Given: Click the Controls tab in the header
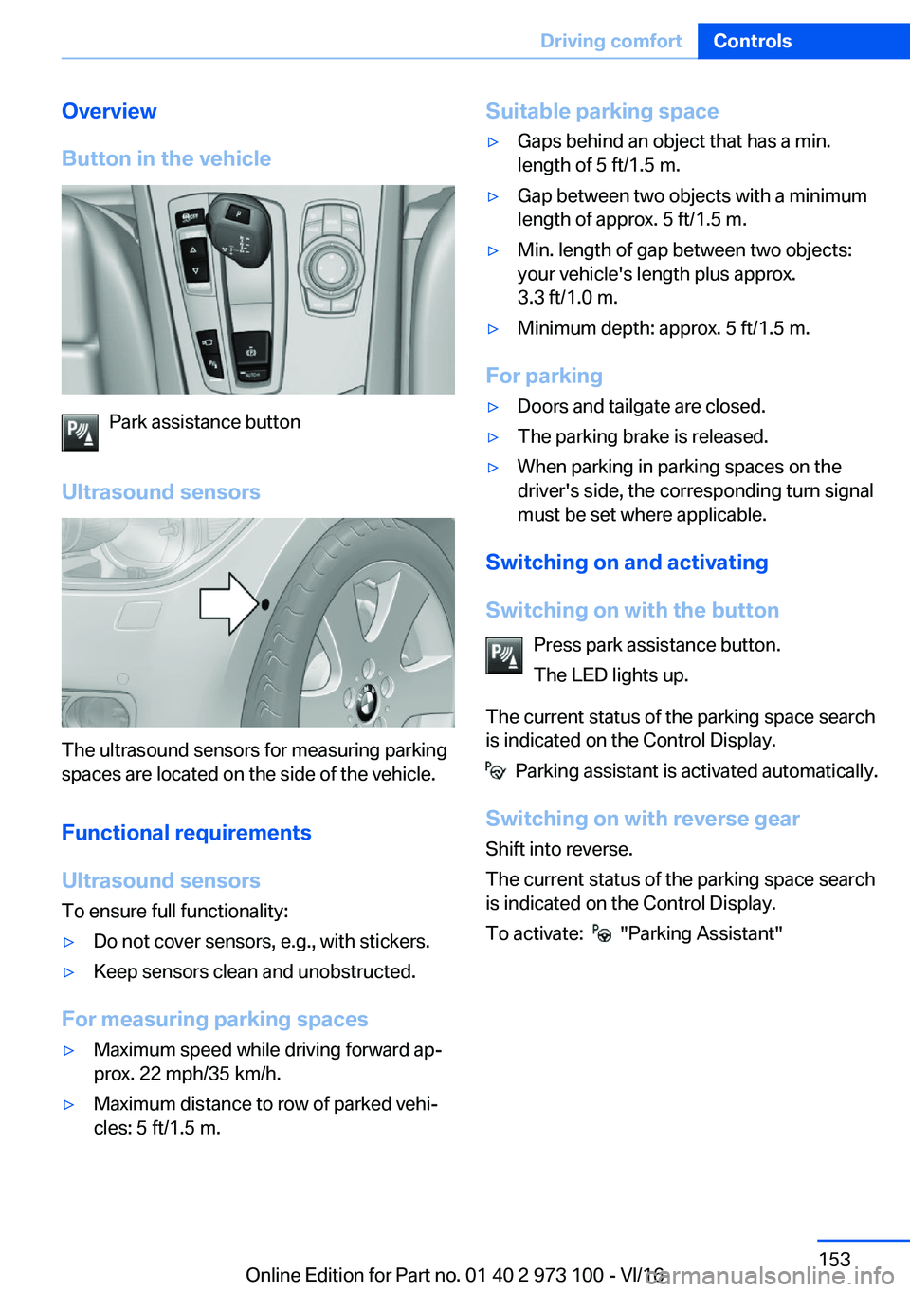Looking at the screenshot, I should tap(752, 41).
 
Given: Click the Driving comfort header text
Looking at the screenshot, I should tap(610, 41).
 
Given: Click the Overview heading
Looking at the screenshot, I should tap(109, 111).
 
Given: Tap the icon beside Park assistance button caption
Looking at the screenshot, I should tap(80, 433).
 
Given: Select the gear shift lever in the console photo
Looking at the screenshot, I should tap(237, 228).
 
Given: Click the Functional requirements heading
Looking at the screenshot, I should tap(186, 833).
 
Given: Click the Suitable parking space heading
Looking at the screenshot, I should tap(602, 111).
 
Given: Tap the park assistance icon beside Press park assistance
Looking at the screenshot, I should tap(504, 655).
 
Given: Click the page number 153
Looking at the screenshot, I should tap(834, 1259).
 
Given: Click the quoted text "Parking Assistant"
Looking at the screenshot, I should tap(701, 933).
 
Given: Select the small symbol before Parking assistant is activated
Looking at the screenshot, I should tap(496, 771).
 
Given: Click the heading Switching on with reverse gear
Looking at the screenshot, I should tap(642, 819).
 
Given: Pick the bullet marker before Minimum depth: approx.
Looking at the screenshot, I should tap(493, 329).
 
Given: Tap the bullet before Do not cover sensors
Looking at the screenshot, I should tap(68, 942).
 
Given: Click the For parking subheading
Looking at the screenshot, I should tap(544, 376).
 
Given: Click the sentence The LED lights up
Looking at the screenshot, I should tap(610, 674).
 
